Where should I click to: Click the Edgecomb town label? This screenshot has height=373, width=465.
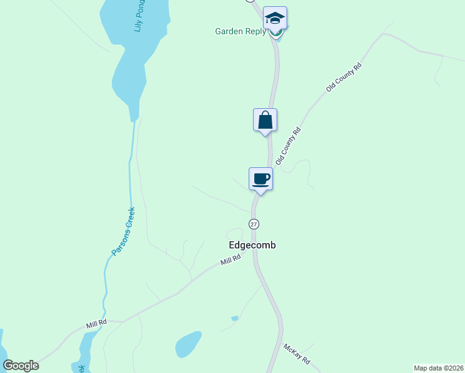[x=252, y=245]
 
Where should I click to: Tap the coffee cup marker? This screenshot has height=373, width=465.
[x=260, y=180]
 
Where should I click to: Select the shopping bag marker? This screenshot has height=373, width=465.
[x=265, y=120]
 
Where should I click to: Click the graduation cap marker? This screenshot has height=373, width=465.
[x=274, y=18]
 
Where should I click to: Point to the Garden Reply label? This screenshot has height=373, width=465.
[x=240, y=31]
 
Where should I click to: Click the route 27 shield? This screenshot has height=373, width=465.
[x=254, y=224]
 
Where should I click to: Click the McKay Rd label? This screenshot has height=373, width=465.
[x=297, y=355]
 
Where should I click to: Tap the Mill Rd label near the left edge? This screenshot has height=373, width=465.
[x=96, y=324]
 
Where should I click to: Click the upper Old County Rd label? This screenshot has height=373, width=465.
[x=344, y=78]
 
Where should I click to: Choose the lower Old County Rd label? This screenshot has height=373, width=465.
[x=288, y=146]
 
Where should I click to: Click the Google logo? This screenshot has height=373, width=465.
[x=21, y=365]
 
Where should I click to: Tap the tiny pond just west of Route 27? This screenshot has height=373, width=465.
[x=234, y=318]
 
